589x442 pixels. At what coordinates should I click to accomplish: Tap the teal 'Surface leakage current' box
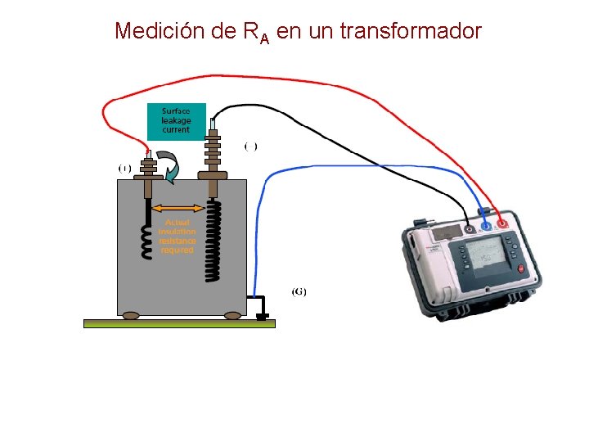click(x=176, y=121)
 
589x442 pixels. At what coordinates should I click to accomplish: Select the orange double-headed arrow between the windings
click(x=179, y=207)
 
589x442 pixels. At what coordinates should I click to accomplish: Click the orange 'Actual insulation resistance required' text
click(x=177, y=236)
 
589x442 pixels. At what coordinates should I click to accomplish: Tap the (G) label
click(x=299, y=291)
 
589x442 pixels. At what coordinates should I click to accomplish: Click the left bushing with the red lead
click(x=149, y=169)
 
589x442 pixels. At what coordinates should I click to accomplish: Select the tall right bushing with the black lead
click(x=213, y=151)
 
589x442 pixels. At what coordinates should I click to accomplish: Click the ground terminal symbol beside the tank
click(x=263, y=315)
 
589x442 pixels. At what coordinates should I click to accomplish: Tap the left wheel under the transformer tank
click(x=131, y=315)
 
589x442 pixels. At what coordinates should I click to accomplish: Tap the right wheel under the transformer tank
click(x=232, y=315)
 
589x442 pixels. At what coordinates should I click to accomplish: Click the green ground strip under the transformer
click(x=180, y=323)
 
